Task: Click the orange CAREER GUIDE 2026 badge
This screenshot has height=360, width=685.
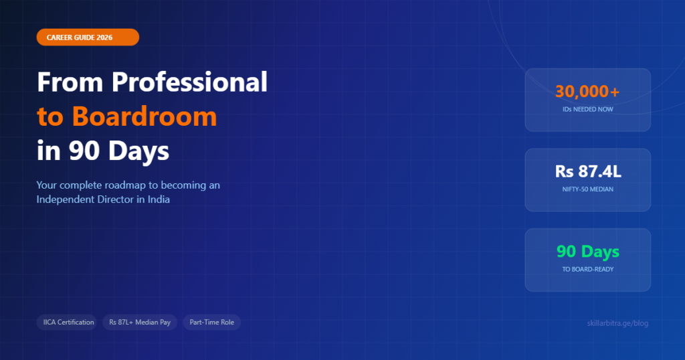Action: pos(88,37)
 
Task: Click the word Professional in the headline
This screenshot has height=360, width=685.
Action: pos(189,82)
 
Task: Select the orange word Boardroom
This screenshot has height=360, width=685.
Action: pos(144,116)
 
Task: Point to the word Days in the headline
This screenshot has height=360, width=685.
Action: pos(140,151)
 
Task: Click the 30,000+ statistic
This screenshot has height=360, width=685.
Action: pos(587,92)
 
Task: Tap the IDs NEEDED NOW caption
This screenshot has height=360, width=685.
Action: pos(587,108)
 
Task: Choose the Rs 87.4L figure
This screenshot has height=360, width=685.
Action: pos(587,172)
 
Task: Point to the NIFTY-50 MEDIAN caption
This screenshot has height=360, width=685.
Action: pos(587,189)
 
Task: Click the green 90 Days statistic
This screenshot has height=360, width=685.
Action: pos(587,252)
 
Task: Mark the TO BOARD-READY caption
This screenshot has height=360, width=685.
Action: pos(587,269)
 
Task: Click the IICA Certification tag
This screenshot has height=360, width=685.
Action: pos(66,323)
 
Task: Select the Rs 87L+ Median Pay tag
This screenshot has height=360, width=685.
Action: pos(140,323)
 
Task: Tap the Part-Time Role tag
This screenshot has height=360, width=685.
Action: pos(211,323)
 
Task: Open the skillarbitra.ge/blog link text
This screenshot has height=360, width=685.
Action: pos(616,323)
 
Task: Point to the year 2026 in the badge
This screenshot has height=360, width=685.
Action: pos(122,37)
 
